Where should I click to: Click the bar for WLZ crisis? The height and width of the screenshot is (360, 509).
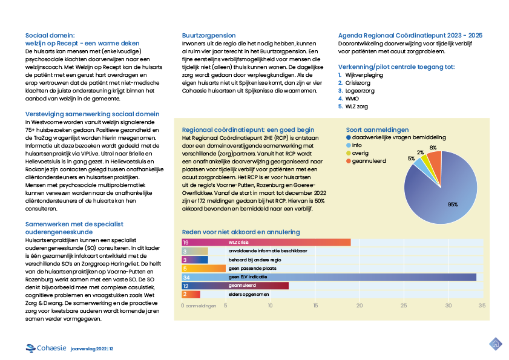266,243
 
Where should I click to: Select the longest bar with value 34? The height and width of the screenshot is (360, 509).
329,277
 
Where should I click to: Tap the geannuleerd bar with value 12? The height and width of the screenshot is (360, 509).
235,286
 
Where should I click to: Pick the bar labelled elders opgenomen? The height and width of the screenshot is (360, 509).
191,294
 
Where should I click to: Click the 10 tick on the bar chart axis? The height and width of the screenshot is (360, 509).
271,306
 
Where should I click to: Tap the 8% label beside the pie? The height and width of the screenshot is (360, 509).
433,147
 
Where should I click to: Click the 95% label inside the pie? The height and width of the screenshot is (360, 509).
452,205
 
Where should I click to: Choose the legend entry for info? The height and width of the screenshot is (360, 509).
356,145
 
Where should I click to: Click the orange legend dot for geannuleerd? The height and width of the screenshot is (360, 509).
347,161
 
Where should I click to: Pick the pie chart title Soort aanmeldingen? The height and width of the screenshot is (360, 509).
376,129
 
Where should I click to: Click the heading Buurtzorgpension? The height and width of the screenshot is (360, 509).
209,36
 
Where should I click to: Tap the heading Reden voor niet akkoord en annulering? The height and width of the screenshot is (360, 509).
240,232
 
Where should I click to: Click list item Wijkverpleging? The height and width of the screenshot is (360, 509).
361,74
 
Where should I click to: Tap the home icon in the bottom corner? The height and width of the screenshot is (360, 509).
496,344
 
